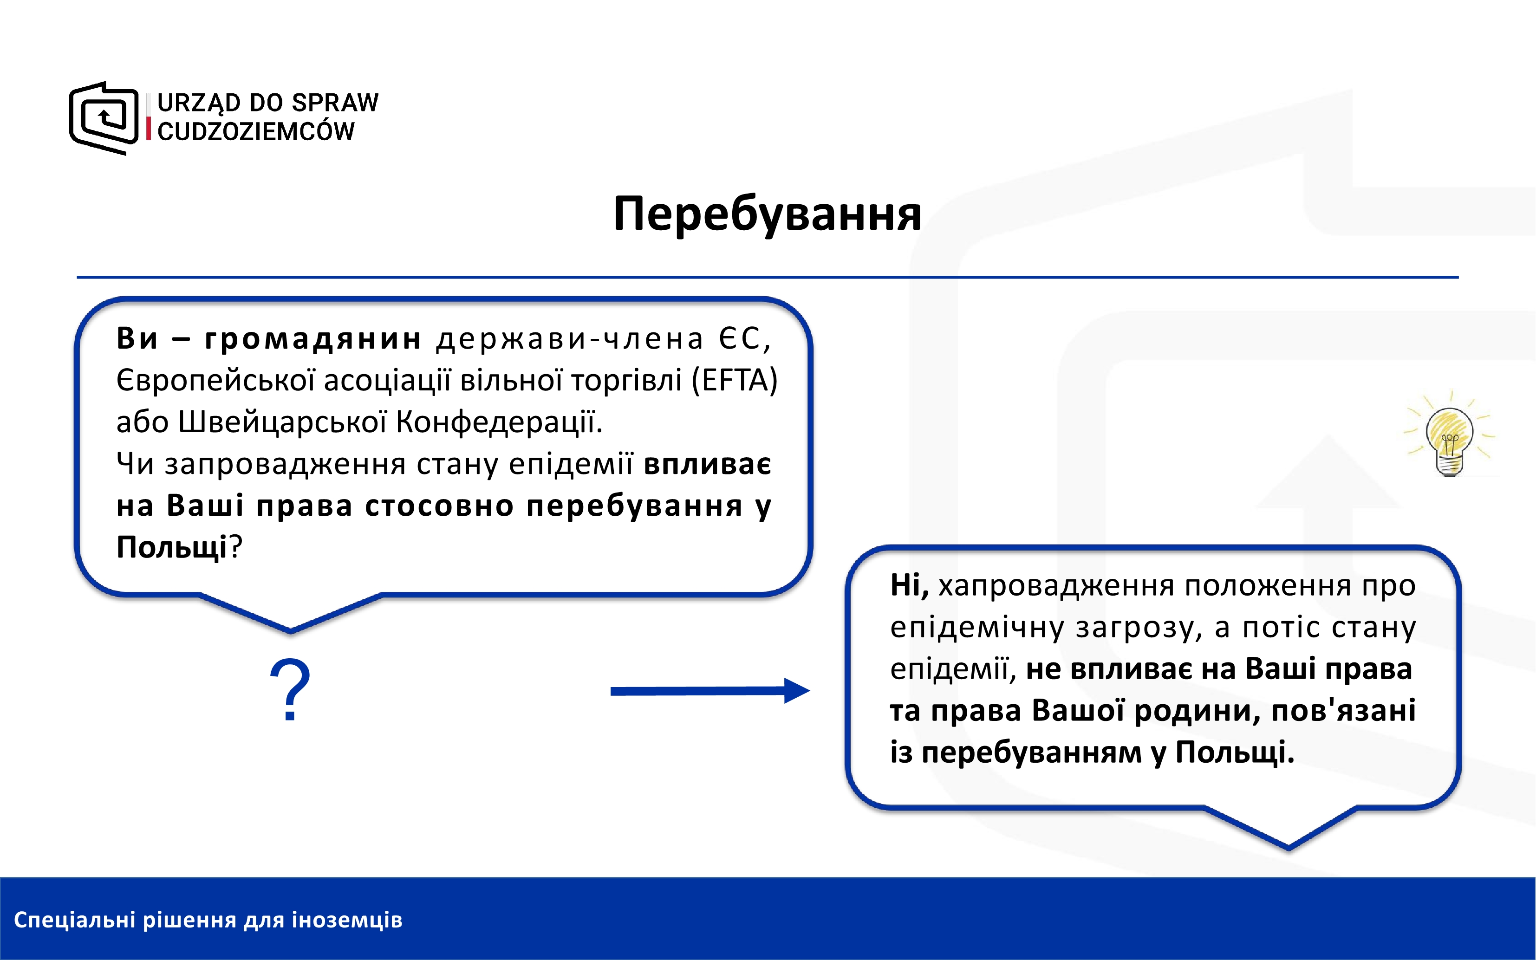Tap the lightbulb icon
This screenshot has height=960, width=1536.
click(1450, 435)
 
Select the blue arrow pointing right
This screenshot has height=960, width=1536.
click(710, 691)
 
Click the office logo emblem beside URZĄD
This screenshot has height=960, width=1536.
click(104, 118)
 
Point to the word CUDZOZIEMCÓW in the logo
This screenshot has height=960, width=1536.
click(256, 131)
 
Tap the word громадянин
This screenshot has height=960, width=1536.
click(313, 338)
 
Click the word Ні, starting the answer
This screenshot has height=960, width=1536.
click(909, 585)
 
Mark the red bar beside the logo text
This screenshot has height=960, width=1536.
click(149, 128)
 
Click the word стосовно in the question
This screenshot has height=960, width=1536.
click(439, 506)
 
